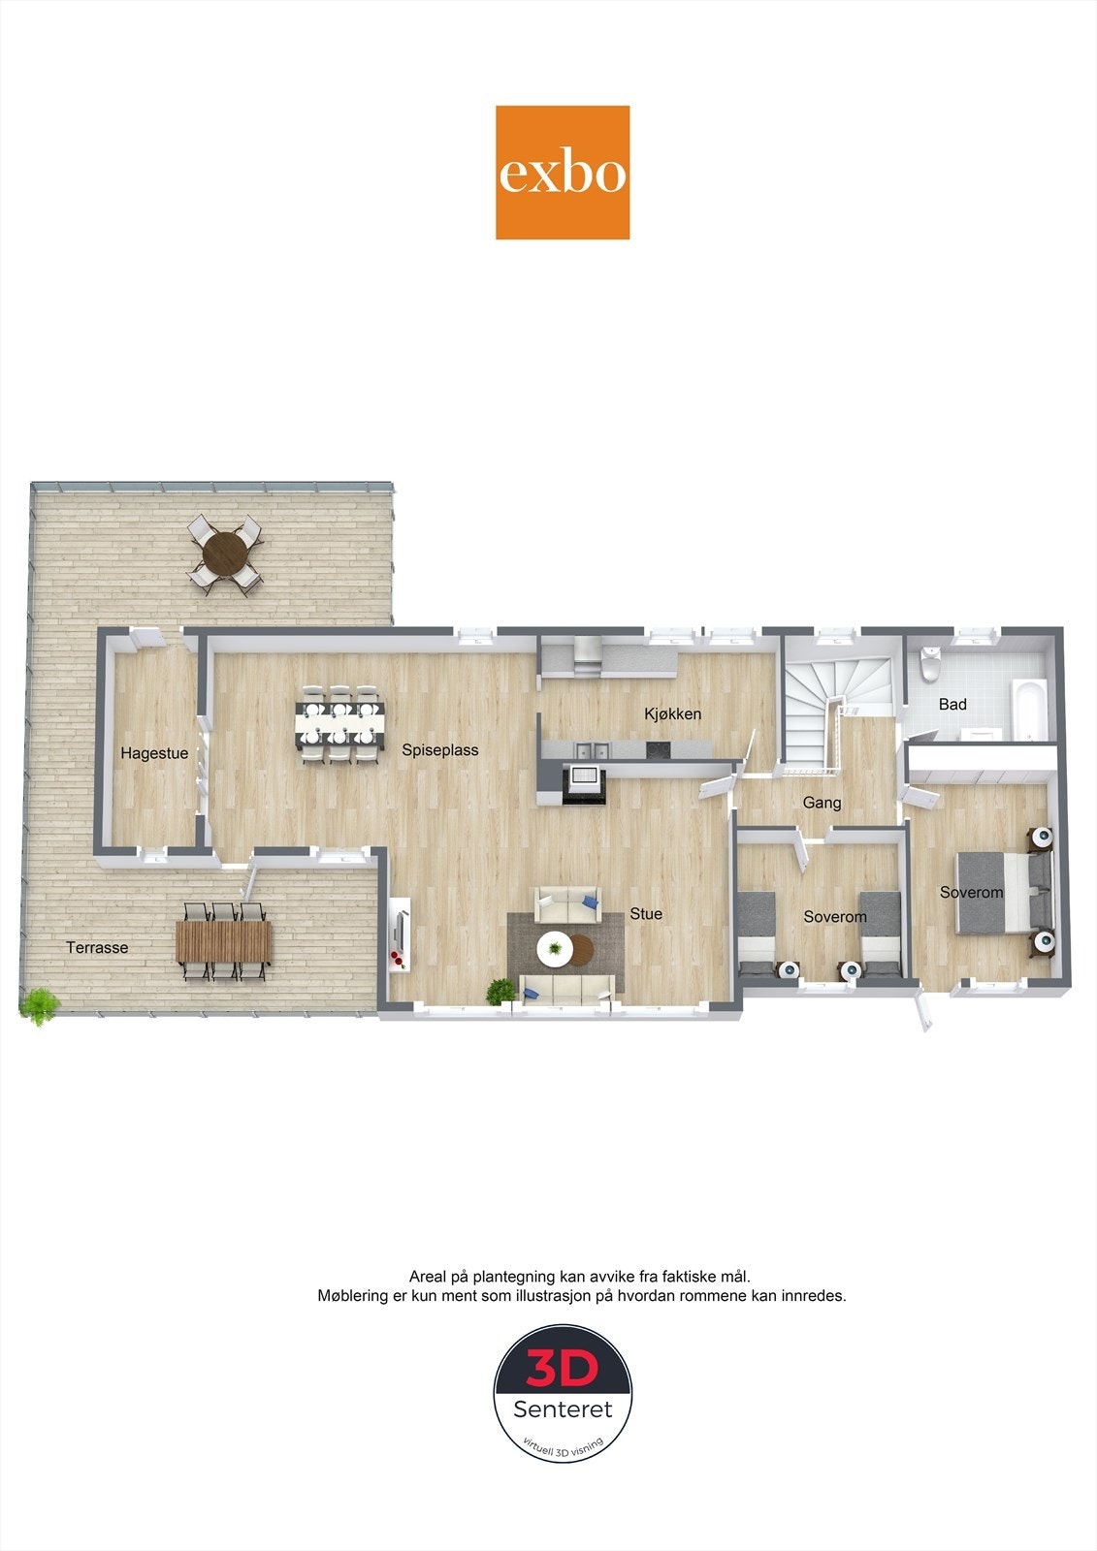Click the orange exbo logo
coord(563,173)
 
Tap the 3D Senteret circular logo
coord(563,1393)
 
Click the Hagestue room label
coord(154,753)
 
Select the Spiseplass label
coord(440,749)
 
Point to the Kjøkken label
coord(672,713)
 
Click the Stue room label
coord(646,913)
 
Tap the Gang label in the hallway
coord(822,802)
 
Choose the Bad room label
coord(952,704)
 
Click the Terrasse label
coord(97,947)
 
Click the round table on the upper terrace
coord(225,554)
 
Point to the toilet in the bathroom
coord(929,663)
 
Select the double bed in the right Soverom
coord(1002,892)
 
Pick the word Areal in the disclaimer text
coord(428,1277)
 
